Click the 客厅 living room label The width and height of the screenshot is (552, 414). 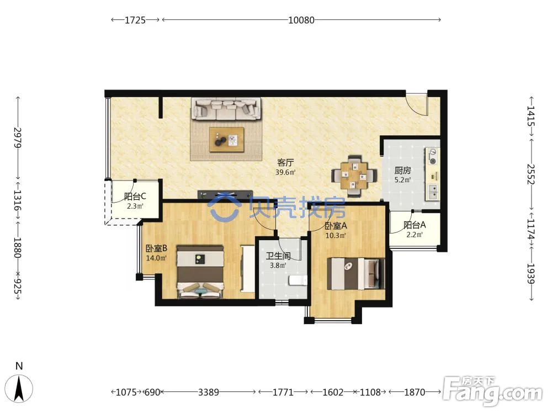click(285, 163)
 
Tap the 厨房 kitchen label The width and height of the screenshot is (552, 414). click(402, 171)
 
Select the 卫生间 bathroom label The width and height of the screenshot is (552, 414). click(278, 256)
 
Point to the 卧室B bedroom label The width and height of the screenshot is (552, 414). click(157, 248)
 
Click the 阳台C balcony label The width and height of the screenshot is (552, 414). click(135, 197)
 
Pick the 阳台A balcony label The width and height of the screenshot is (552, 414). click(415, 225)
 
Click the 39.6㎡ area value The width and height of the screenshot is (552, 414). click(285, 172)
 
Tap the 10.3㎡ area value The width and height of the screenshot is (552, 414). click(336, 236)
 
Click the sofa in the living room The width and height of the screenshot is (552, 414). click(226, 109)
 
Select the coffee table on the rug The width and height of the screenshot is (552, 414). click(227, 140)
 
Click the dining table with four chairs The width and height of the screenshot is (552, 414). click(354, 176)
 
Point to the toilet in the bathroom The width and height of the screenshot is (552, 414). click(298, 280)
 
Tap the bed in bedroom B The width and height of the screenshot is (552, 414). click(200, 272)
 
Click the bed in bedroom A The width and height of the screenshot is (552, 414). click(355, 274)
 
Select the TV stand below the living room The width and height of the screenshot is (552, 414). click(226, 194)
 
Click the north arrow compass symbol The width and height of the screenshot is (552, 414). click(19, 388)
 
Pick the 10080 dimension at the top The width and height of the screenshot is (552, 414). click(301, 20)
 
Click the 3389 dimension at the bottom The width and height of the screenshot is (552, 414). click(209, 392)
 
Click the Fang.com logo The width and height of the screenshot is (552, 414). click(492, 391)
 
